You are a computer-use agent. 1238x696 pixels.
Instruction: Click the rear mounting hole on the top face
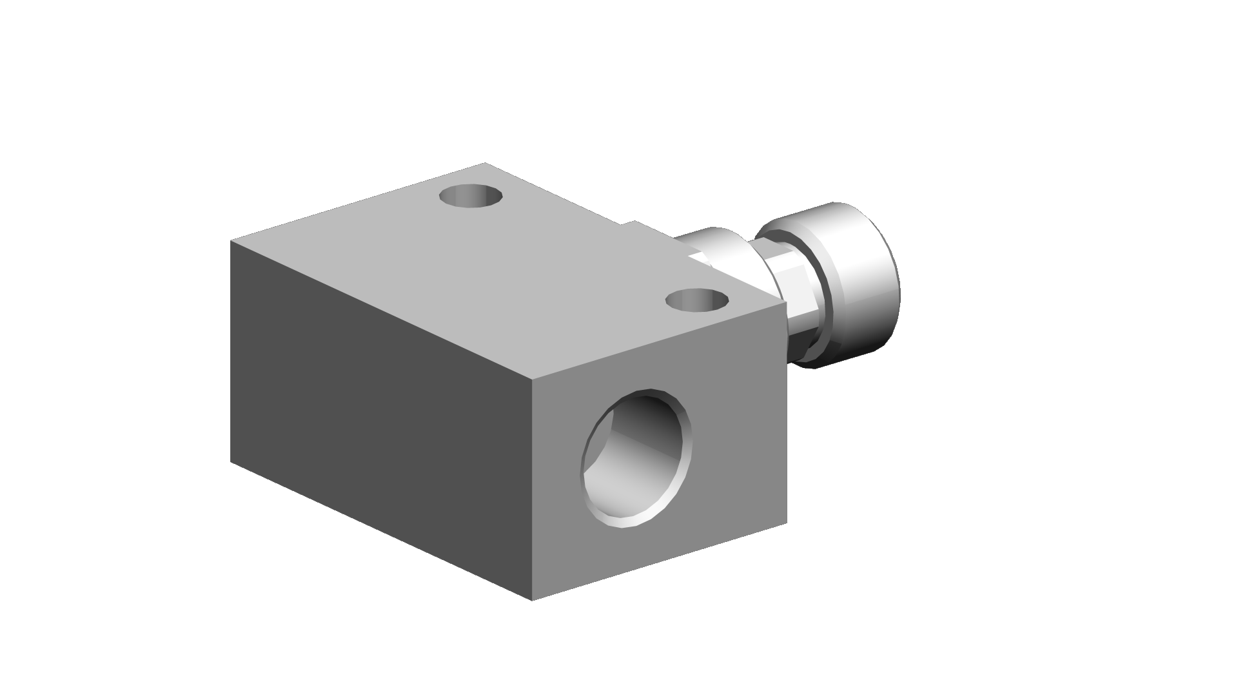coord(469,196)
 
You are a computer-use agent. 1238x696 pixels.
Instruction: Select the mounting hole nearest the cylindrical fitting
coord(696,300)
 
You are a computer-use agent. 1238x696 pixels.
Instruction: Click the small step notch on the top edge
coord(629,224)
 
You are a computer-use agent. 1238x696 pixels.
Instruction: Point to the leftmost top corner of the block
coord(231,241)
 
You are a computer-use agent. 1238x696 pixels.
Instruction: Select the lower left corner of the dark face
coord(231,461)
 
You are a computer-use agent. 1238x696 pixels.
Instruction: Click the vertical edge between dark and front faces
coord(533,490)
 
